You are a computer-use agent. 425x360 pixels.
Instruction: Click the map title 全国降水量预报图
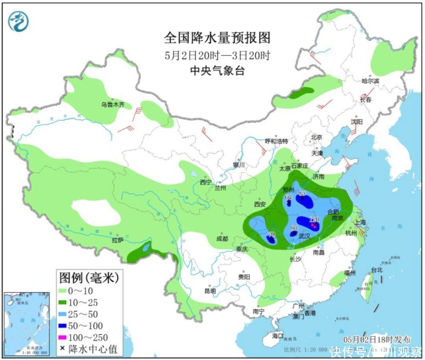217,38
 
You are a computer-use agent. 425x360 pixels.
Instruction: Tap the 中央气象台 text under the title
217,71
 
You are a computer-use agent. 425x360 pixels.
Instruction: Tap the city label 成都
222,239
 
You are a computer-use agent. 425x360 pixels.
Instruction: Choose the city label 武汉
304,236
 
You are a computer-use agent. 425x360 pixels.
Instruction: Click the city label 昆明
210,291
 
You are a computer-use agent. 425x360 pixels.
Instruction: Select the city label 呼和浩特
276,141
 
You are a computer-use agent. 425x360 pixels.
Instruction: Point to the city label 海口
278,336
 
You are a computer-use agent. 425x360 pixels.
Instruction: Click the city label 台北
377,270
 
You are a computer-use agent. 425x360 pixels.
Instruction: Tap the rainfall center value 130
314,220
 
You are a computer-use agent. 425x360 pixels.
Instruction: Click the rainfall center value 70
271,233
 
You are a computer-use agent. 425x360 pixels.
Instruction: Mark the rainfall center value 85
302,193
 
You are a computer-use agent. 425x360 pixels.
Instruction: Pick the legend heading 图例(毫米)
89,278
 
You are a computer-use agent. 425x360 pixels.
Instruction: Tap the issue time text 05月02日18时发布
377,339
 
